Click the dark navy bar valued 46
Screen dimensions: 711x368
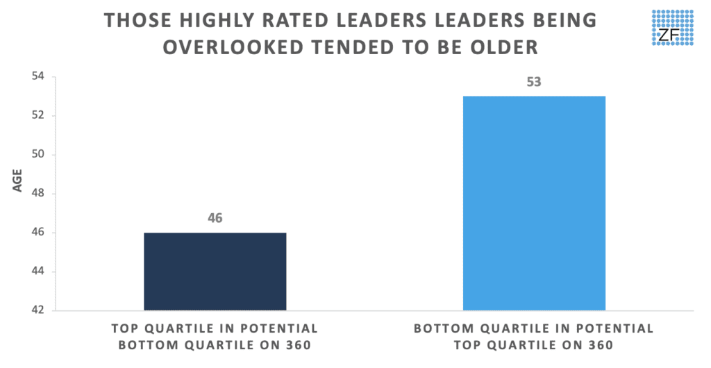point(215,271)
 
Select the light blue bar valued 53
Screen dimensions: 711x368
point(534,203)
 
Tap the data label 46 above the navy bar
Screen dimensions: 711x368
point(215,218)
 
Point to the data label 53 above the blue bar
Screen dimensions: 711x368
point(534,82)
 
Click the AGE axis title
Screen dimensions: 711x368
point(17,181)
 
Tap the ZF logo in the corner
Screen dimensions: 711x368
point(672,28)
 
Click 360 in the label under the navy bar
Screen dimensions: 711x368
point(297,345)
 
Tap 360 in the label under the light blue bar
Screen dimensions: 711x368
point(600,345)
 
